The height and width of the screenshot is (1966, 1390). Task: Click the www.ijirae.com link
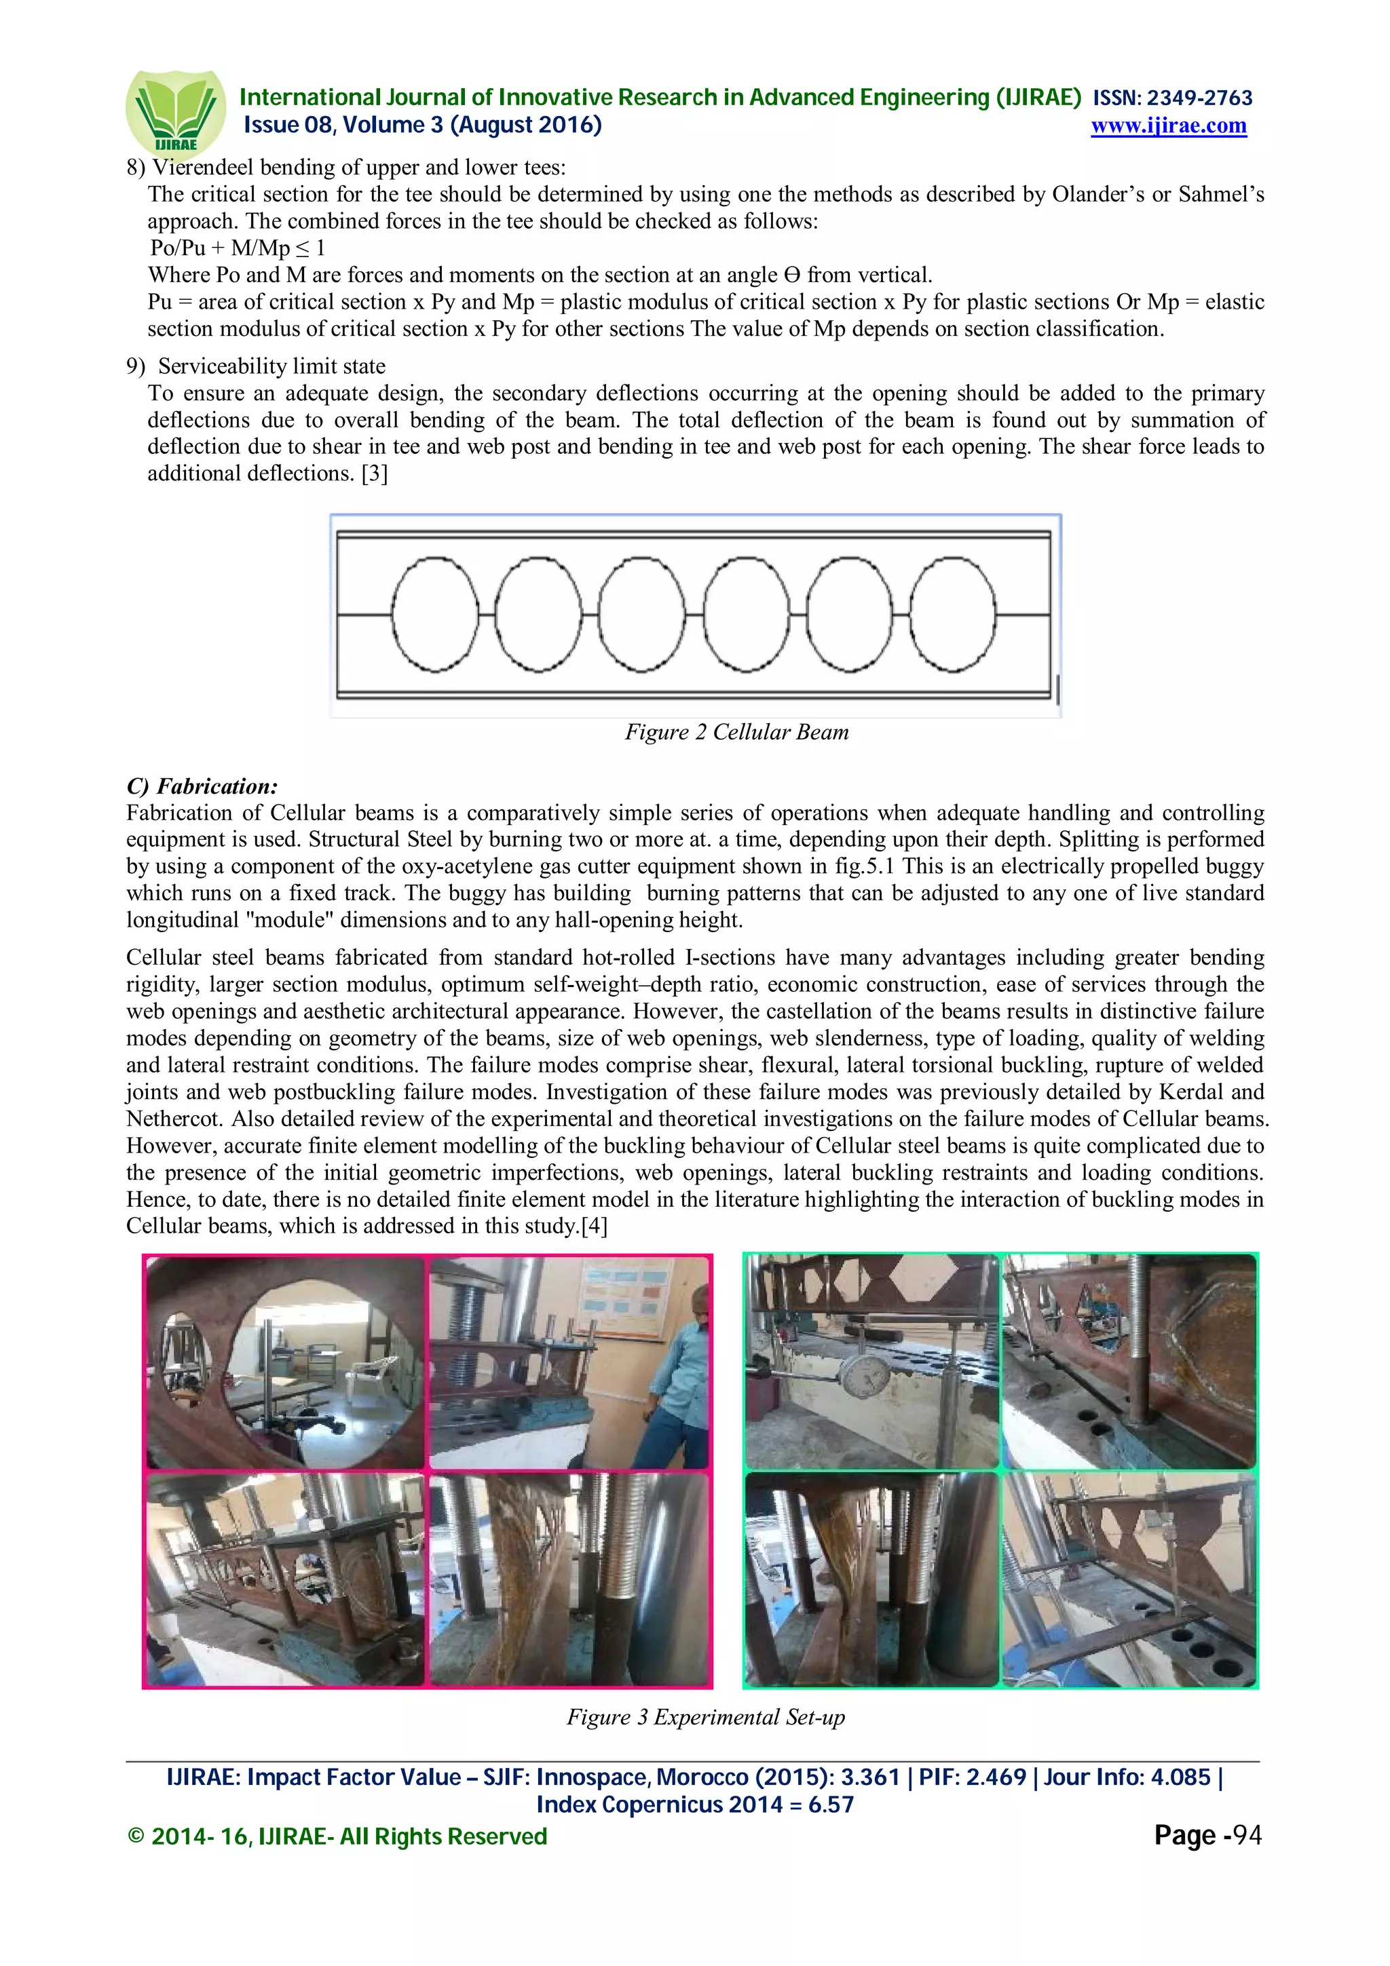tap(1168, 126)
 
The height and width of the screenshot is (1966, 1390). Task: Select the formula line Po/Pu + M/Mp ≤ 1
tap(238, 248)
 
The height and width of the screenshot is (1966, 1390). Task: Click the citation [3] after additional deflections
tap(374, 474)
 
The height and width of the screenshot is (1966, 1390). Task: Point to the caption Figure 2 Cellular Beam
tap(736, 732)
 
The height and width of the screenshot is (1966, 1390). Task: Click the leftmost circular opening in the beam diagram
tap(435, 614)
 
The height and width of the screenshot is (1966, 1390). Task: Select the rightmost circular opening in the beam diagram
tap(952, 614)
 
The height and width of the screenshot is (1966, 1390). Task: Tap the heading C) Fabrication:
tap(202, 786)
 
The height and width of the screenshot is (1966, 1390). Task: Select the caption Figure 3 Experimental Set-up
tap(706, 1717)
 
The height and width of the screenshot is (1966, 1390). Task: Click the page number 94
tap(1247, 1835)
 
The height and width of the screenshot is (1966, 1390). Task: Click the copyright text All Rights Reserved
tap(443, 1836)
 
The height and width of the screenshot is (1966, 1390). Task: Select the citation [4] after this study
tap(595, 1226)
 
